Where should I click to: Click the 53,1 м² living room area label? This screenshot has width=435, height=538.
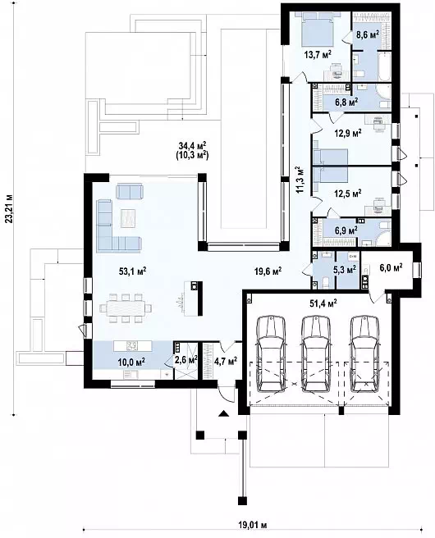tap(132, 271)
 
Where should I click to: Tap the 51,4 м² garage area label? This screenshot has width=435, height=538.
tap(322, 303)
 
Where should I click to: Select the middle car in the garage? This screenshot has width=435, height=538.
tap(315, 354)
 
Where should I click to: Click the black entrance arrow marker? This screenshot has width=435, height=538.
tap(224, 413)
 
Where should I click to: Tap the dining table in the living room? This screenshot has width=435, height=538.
tap(126, 308)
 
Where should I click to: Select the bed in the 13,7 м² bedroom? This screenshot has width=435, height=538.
tap(318, 28)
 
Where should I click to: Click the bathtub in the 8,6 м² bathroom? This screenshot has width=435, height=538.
tap(384, 66)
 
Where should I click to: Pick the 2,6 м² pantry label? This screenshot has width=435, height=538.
tap(186, 359)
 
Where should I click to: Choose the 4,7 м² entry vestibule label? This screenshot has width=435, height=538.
tap(226, 362)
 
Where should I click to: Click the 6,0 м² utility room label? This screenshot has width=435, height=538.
tap(391, 267)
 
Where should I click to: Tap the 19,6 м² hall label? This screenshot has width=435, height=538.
tap(268, 271)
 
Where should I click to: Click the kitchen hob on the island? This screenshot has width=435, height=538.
tap(133, 345)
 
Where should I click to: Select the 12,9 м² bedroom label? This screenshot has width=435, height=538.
tap(348, 133)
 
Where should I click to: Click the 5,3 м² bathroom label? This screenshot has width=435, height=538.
tap(345, 270)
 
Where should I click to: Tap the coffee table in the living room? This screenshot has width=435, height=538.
tap(128, 218)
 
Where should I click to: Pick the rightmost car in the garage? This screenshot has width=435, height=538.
tap(365, 354)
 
